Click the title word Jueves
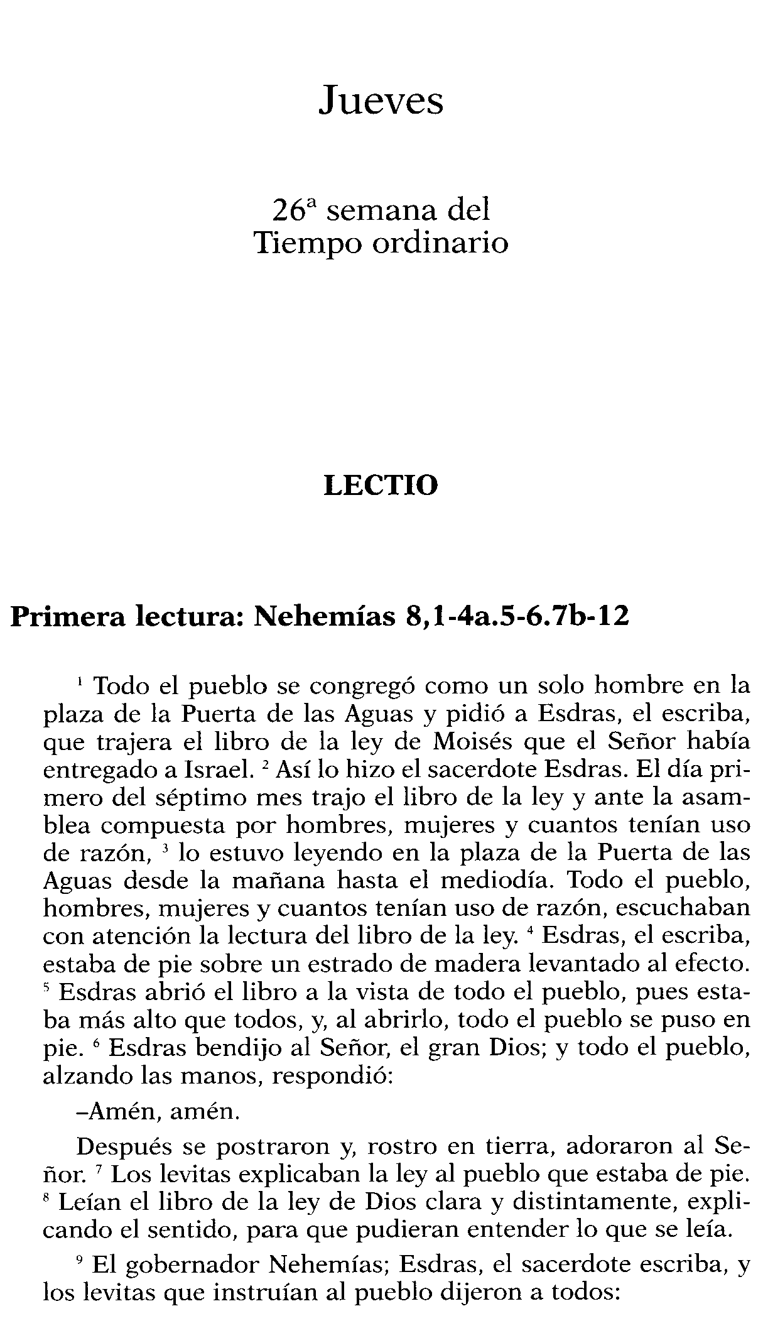(381, 101)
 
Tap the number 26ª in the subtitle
(295, 210)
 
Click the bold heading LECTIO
(381, 486)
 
